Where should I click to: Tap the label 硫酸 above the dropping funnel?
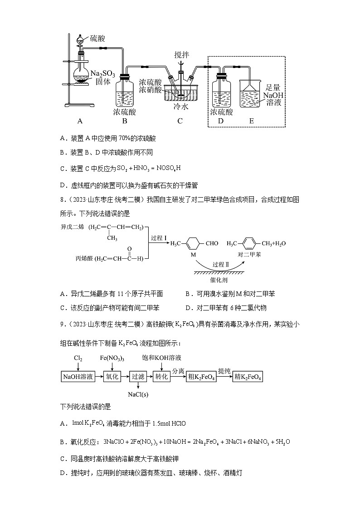coord(97,39)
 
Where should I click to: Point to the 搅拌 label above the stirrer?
coord(182,55)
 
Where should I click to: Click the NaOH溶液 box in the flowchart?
coord(78,376)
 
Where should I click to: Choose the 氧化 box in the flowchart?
coord(112,376)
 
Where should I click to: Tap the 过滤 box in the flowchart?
coord(137,376)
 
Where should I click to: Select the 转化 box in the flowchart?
coord(162,376)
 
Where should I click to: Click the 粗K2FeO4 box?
coord(201,377)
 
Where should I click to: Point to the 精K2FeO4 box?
coord(248,377)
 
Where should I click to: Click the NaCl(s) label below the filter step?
coord(138,394)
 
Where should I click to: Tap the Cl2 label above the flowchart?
coord(78,358)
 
